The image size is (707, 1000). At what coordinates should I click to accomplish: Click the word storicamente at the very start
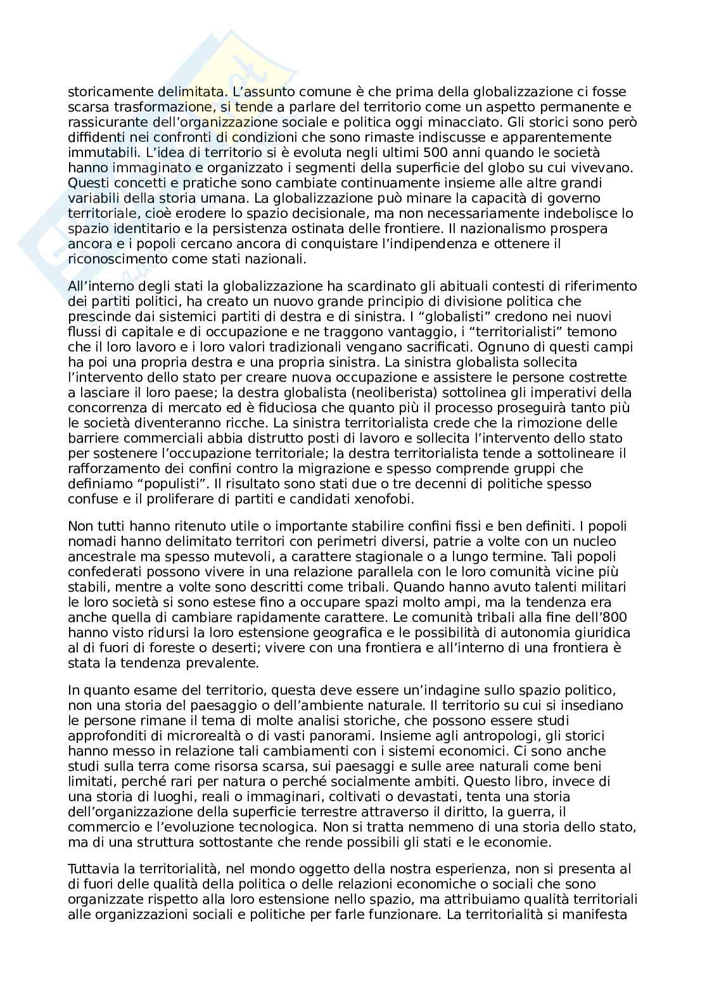click(x=106, y=92)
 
